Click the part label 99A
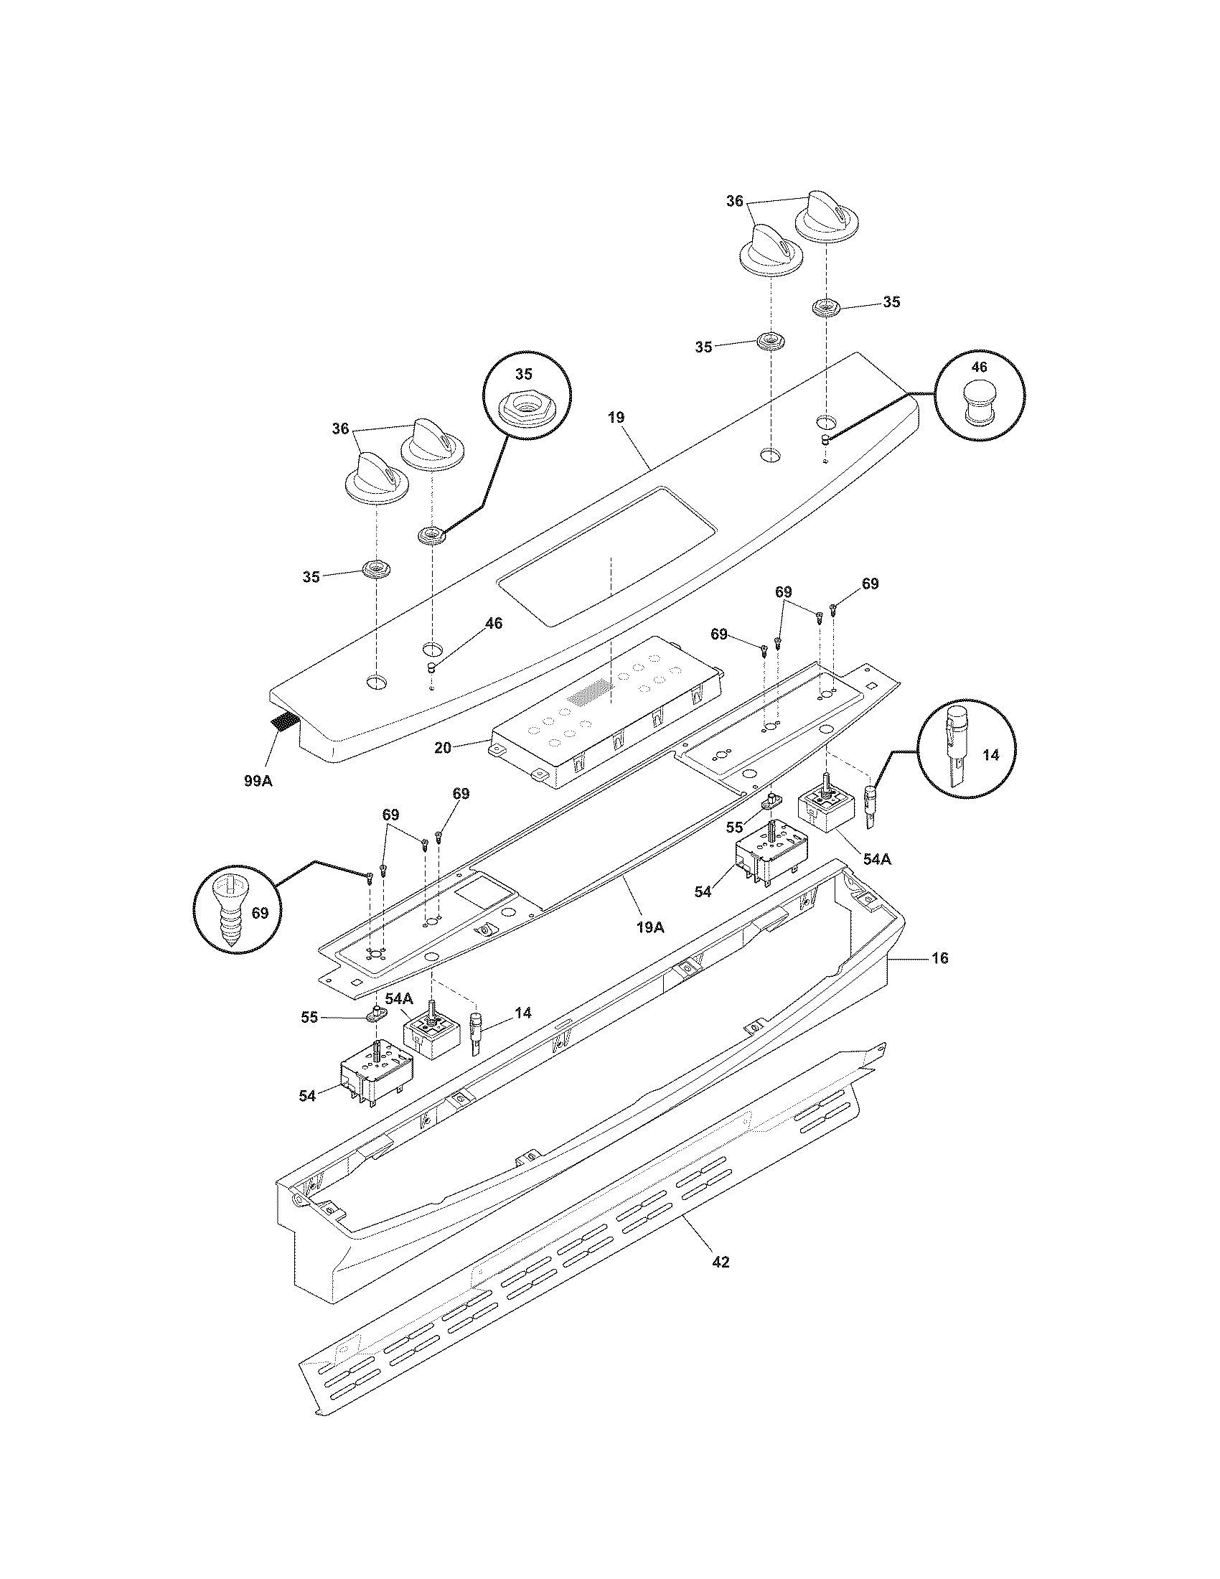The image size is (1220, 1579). click(258, 782)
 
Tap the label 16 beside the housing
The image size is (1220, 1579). click(940, 958)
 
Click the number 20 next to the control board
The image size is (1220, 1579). click(443, 748)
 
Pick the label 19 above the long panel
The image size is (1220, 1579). click(616, 417)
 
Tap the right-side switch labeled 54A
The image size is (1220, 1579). click(824, 810)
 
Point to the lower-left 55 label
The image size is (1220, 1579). click(309, 1017)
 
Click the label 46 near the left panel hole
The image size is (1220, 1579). click(493, 623)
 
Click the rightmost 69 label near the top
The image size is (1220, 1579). click(871, 584)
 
